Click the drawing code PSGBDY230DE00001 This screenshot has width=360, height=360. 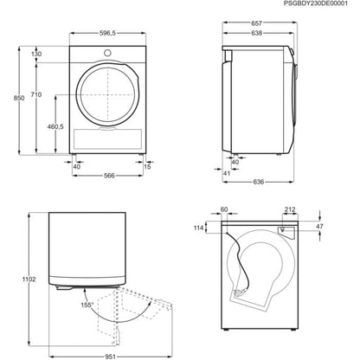pyautogui.click(x=310, y=5)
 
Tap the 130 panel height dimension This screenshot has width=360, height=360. pyautogui.click(x=36, y=54)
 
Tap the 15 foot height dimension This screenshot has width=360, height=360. pyautogui.click(x=149, y=167)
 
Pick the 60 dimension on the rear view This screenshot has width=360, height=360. pyautogui.click(x=225, y=209)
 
